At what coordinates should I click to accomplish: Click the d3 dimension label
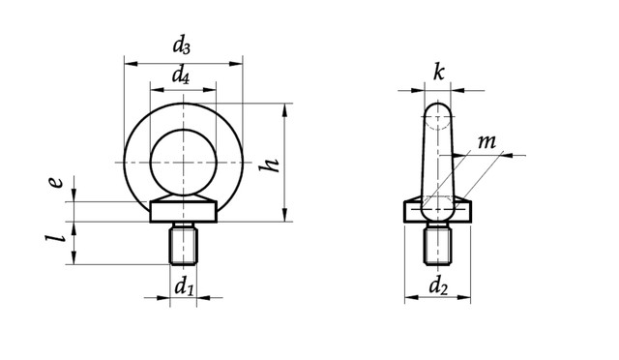click(x=181, y=45)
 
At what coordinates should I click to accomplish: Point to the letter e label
click(x=56, y=182)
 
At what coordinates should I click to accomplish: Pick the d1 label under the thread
click(x=184, y=285)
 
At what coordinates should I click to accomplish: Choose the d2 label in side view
click(x=438, y=285)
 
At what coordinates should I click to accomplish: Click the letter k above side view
click(x=438, y=73)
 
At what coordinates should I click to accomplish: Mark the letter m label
click(x=486, y=142)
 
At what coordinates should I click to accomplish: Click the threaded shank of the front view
click(x=184, y=244)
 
